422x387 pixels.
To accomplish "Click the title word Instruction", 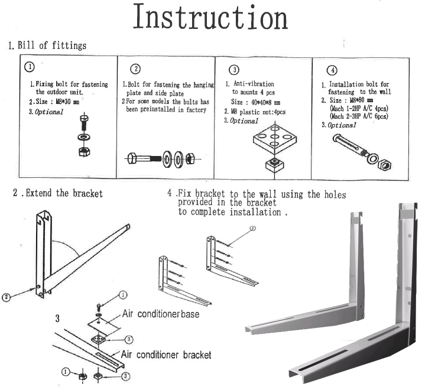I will click(210, 17).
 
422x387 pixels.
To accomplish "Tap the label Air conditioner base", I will click(160, 314).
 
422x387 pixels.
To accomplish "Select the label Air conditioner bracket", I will click(166, 355).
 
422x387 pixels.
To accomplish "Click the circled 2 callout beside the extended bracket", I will click(7, 297).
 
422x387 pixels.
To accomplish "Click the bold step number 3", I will click(57, 319).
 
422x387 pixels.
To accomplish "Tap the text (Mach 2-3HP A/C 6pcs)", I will click(358, 116).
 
